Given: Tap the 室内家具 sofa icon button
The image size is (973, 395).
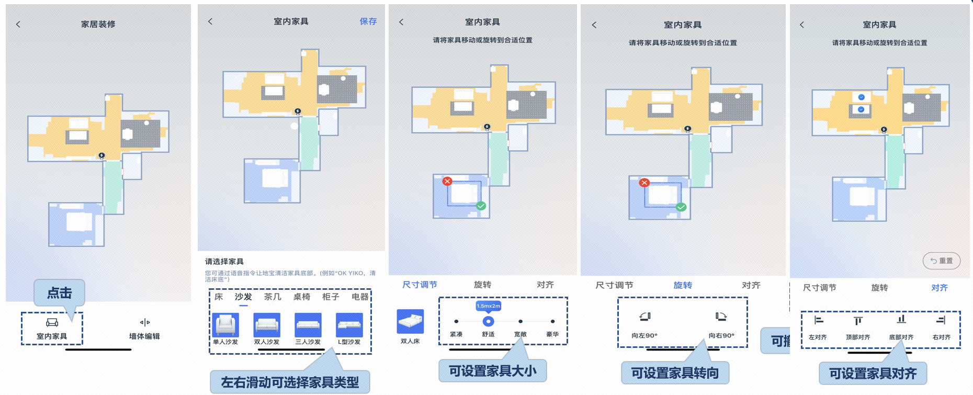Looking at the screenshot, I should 52,322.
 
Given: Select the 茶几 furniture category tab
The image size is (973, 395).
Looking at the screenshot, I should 273,297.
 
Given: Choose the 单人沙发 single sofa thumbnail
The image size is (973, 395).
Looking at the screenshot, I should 225,325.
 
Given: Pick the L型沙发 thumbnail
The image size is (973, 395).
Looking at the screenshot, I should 349,325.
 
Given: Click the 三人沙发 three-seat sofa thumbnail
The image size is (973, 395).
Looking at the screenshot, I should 308,325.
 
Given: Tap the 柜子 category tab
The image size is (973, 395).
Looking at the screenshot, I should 331,297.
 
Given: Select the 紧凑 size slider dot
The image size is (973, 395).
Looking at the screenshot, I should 456,321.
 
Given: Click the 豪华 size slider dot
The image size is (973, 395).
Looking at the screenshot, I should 552,321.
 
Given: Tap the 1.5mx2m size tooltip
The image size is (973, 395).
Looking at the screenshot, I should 488,306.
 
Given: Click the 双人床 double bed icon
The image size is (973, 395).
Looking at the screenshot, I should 410,321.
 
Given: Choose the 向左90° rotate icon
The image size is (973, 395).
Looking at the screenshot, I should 644,317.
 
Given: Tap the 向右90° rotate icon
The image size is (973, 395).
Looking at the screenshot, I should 721,317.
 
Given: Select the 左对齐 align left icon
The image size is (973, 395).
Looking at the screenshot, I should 818,320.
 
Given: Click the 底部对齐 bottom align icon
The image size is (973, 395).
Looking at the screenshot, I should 901,320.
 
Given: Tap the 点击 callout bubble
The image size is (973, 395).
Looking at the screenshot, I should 59,293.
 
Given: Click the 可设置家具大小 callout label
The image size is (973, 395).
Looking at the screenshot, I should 492,371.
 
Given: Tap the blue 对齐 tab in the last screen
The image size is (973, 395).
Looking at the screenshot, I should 939,288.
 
